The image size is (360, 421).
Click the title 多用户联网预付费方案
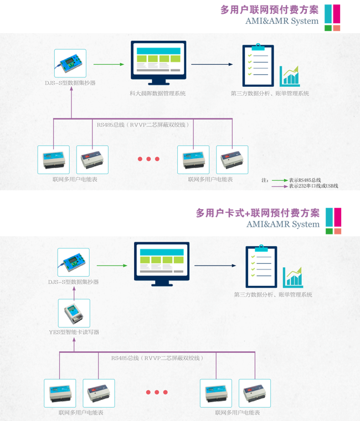click(x=269, y=9)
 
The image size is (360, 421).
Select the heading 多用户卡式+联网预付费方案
click(x=258, y=213)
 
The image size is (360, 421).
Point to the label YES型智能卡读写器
click(x=74, y=332)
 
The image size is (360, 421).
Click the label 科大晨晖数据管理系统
click(x=158, y=93)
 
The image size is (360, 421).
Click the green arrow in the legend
click(x=280, y=180)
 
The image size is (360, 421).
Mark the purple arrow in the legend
click(x=280, y=186)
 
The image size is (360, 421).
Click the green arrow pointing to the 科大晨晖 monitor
click(x=113, y=65)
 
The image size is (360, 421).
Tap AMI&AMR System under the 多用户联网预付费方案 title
click(x=282, y=21)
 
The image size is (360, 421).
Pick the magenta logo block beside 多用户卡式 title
click(x=337, y=217)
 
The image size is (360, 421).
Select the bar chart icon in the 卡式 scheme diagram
click(x=293, y=277)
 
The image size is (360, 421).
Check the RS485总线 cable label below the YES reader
click(x=157, y=358)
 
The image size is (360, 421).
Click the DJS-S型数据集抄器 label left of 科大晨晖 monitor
click(x=70, y=83)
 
